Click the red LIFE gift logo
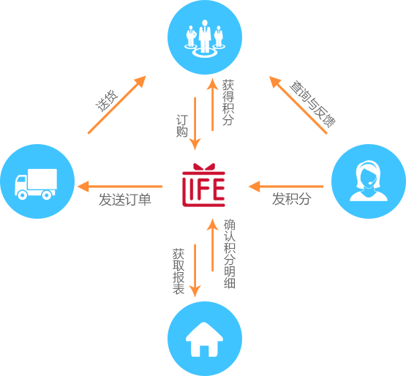tap(203, 185)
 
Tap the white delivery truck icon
tap(36, 184)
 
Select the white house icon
tap(204, 339)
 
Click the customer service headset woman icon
tap(369, 181)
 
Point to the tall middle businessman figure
tap(205, 37)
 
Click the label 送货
tap(107, 101)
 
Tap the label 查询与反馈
tap(312, 104)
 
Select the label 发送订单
tap(125, 200)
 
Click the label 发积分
tap(291, 199)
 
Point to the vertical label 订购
tap(181, 126)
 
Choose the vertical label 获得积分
tap(228, 102)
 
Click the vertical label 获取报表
tap(178, 271)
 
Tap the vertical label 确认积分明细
tap(230, 254)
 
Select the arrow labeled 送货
tap(117, 105)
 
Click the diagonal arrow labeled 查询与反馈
tap(298, 105)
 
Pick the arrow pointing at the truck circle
tap(120, 187)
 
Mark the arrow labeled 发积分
tap(286, 187)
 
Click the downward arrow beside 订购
tap(195, 124)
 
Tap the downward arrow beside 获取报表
tap(195, 271)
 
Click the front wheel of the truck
tap(22, 195)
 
